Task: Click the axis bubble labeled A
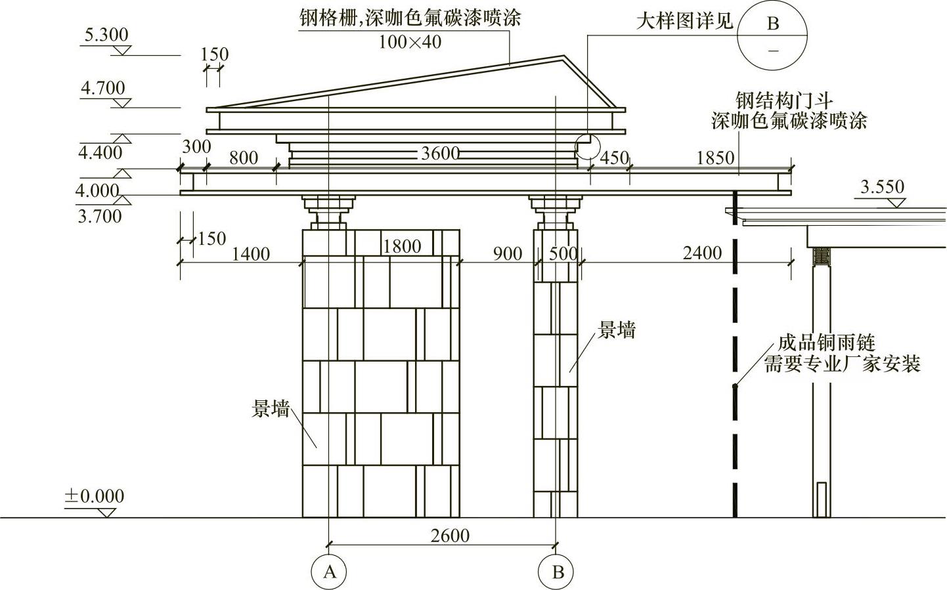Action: point(329,572)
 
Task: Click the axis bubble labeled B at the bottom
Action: point(557,572)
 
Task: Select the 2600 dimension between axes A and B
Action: point(450,536)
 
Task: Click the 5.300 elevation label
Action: point(104,34)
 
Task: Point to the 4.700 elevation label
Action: point(102,87)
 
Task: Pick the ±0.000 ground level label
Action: point(94,496)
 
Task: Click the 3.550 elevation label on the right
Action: point(882,187)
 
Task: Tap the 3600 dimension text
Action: point(440,154)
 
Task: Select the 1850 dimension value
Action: point(715,158)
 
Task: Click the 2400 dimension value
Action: point(702,253)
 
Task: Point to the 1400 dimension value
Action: point(250,254)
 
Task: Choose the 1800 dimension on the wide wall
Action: point(401,246)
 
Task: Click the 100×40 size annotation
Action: point(410,42)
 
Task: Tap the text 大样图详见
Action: point(684,22)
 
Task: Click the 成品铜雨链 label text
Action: point(826,343)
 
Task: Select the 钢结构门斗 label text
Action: point(784,102)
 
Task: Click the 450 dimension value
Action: point(615,158)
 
